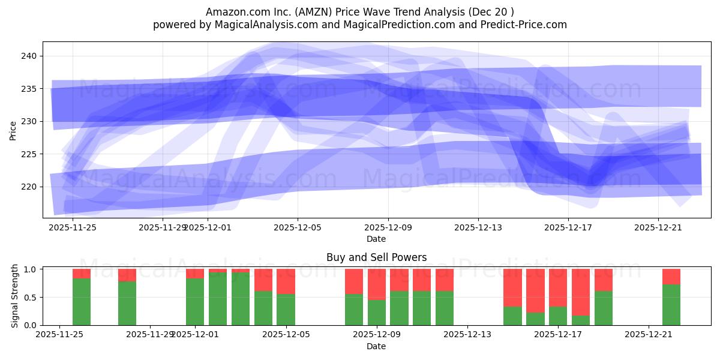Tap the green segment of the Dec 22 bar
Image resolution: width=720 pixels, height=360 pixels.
[x=671, y=305]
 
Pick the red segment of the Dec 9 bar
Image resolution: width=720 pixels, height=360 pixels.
[x=377, y=284]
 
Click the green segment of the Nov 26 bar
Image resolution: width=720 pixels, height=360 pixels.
[x=82, y=302]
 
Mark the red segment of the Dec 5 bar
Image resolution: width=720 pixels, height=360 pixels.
[x=286, y=281]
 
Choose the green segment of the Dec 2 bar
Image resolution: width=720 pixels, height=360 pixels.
[x=218, y=299]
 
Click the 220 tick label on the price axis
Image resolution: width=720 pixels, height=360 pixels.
[x=30, y=187]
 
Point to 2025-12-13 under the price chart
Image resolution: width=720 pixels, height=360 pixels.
[x=478, y=228]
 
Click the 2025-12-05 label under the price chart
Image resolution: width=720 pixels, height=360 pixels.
[x=298, y=228]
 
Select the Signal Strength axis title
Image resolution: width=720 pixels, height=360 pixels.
[x=14, y=296]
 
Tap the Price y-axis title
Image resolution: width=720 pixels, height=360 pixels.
[x=13, y=130]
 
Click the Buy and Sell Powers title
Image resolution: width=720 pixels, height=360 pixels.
[x=376, y=257]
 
